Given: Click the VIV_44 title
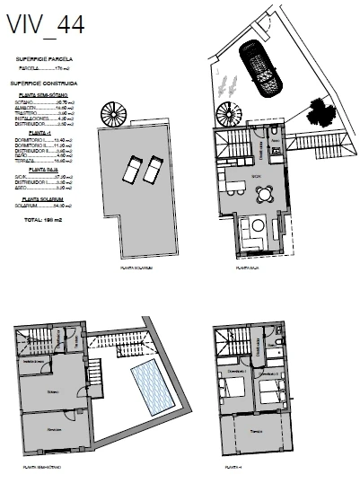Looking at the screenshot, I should [46, 25].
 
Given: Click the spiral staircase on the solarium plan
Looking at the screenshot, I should [115, 116].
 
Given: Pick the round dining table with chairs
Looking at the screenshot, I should [257, 225].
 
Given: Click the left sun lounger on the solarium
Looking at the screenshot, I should [131, 168].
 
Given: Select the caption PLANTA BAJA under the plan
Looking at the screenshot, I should [246, 268].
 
